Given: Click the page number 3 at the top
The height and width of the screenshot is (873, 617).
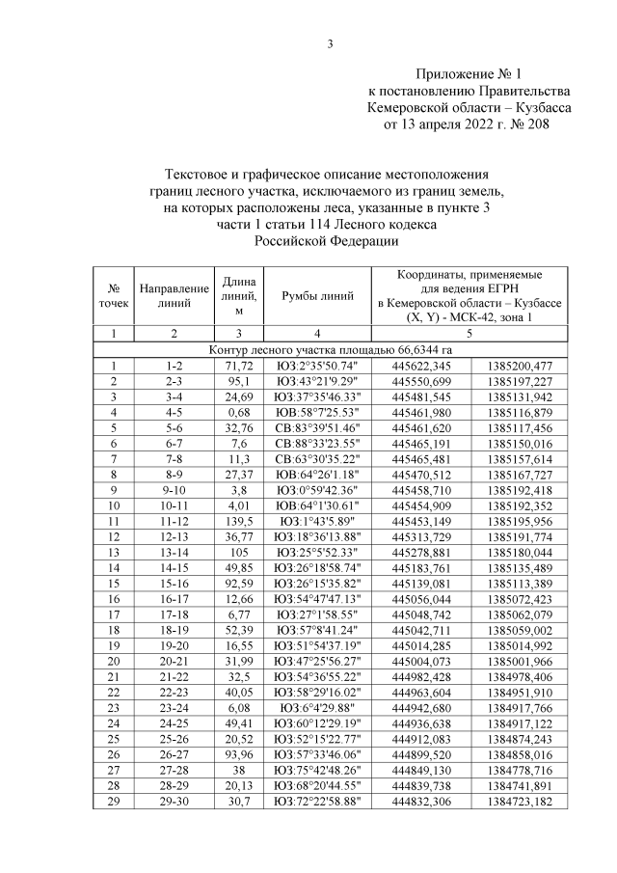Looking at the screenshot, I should pos(330,42).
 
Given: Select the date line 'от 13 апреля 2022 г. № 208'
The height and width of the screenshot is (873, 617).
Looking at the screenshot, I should pos(468,123).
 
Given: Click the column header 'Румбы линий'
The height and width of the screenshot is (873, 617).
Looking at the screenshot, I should pos(317,296).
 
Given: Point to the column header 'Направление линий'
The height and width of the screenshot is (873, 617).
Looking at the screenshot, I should pos(174,296).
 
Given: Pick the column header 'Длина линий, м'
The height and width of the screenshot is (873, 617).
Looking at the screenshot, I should pos(238,296).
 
